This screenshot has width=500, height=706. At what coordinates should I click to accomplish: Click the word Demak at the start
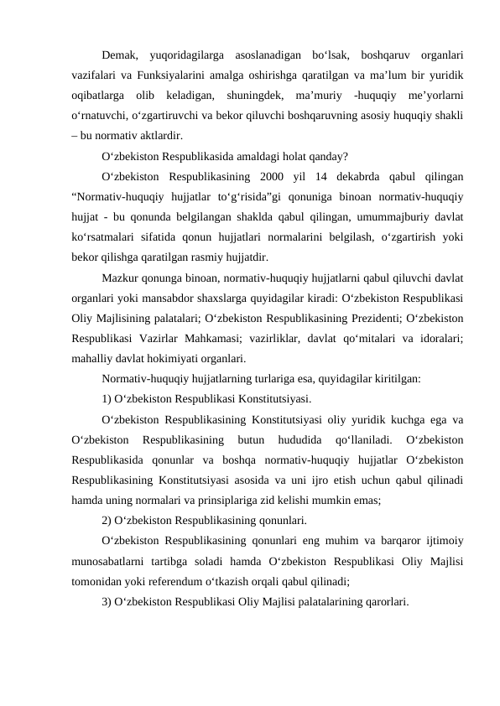[x=118, y=56]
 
